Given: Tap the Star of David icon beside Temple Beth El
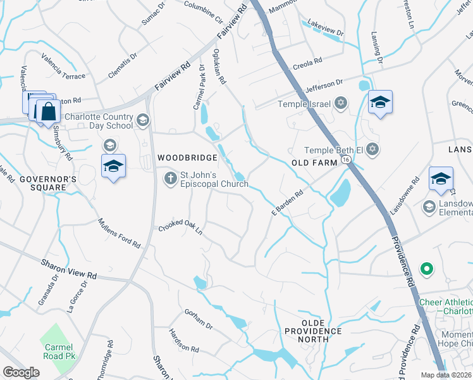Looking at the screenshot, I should [373, 149].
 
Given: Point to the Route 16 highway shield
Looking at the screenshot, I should [346, 161].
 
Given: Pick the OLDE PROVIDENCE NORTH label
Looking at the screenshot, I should [313, 335].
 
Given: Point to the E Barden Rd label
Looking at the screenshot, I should [288, 201].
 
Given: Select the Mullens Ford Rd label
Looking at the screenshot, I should [119, 233].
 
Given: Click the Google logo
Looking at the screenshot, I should [21, 372].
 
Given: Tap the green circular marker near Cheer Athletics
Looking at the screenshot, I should [426, 269].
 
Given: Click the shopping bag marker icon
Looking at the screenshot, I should [48, 111].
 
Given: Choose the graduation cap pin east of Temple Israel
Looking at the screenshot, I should [380, 102].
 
